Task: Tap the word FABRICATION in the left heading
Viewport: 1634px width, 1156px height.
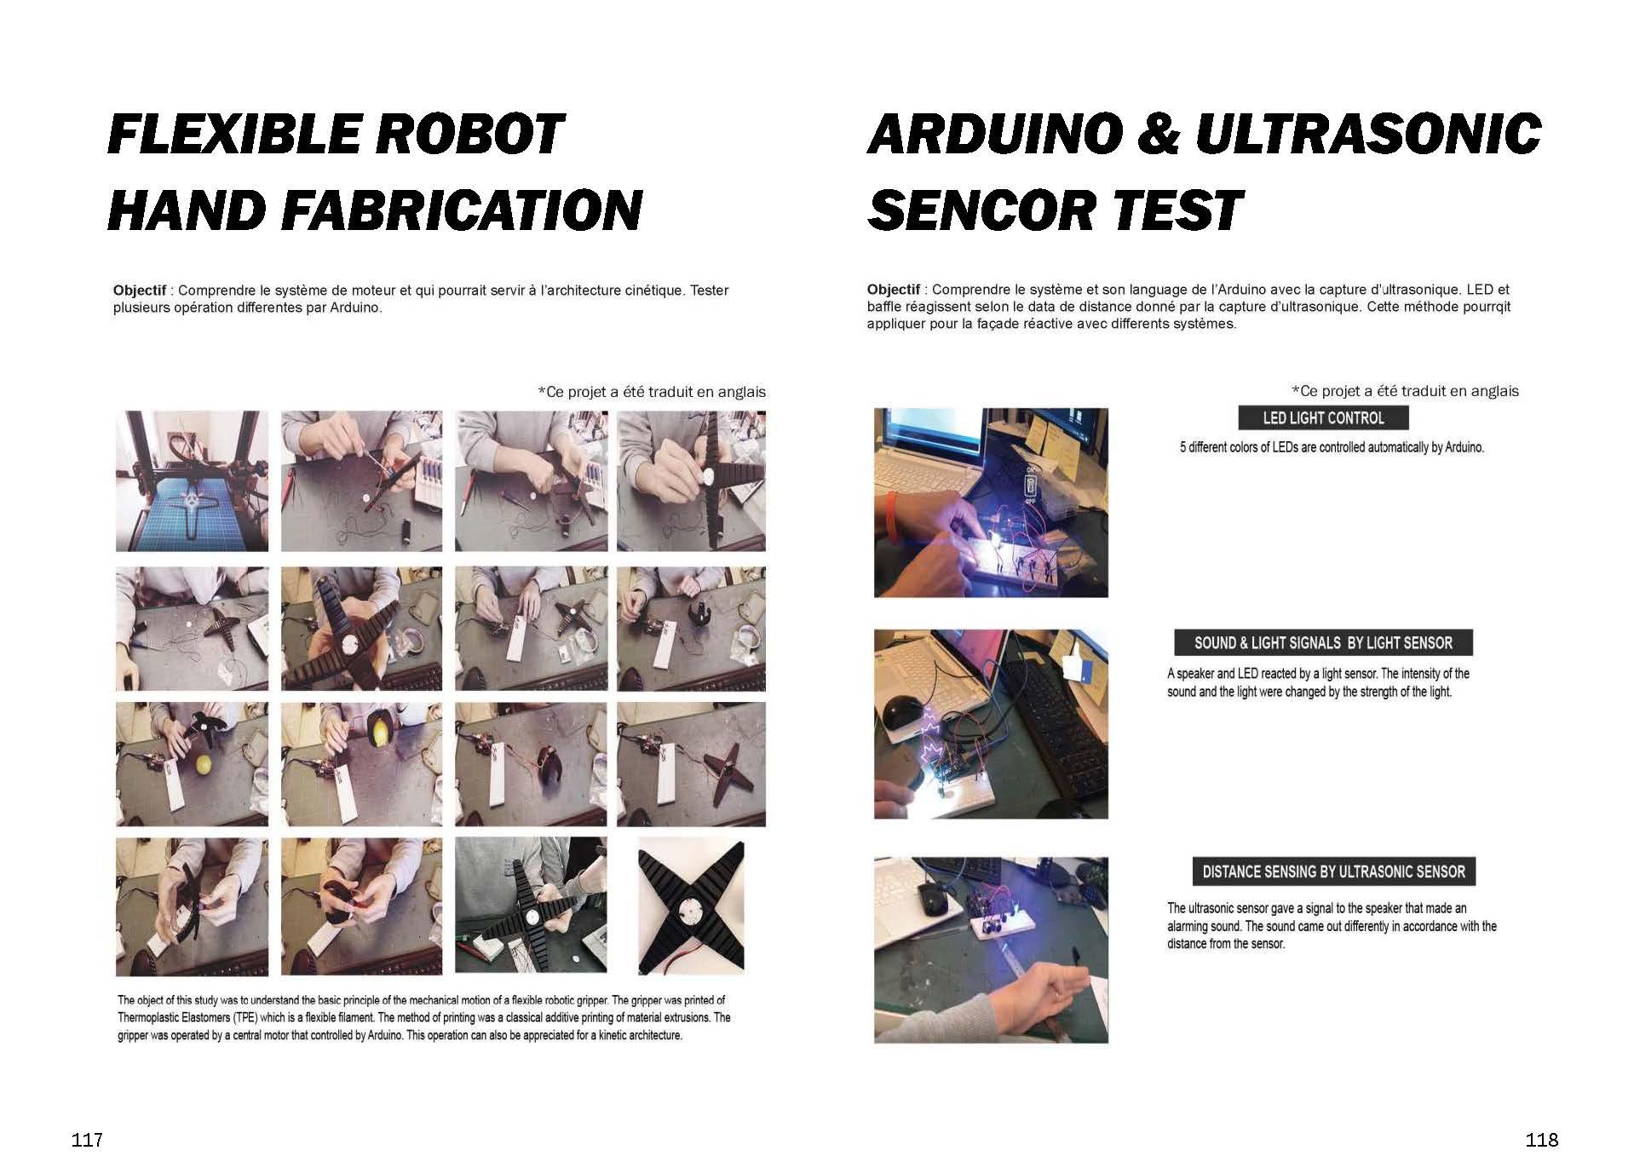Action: click(462, 210)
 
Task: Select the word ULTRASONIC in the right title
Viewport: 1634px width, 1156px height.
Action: click(1368, 135)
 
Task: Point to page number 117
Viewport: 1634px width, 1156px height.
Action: click(88, 1140)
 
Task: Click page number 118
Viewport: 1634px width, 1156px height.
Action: click(1542, 1140)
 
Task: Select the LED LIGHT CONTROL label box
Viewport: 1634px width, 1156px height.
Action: click(1323, 418)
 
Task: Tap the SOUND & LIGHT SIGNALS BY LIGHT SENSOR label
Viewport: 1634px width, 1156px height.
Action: click(1323, 643)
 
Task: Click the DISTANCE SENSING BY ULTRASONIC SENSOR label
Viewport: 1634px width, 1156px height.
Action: click(1333, 871)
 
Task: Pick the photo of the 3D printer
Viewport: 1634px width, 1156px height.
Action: click(192, 480)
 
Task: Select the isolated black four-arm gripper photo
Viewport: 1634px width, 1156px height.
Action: click(691, 908)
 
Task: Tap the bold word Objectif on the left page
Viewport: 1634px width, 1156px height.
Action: click(140, 290)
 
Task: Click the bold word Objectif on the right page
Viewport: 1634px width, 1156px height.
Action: click(894, 290)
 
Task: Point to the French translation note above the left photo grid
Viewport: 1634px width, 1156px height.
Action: click(652, 392)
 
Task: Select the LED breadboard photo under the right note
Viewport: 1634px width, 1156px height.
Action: click(991, 503)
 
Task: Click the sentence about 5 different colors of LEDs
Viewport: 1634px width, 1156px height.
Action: click(1332, 447)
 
